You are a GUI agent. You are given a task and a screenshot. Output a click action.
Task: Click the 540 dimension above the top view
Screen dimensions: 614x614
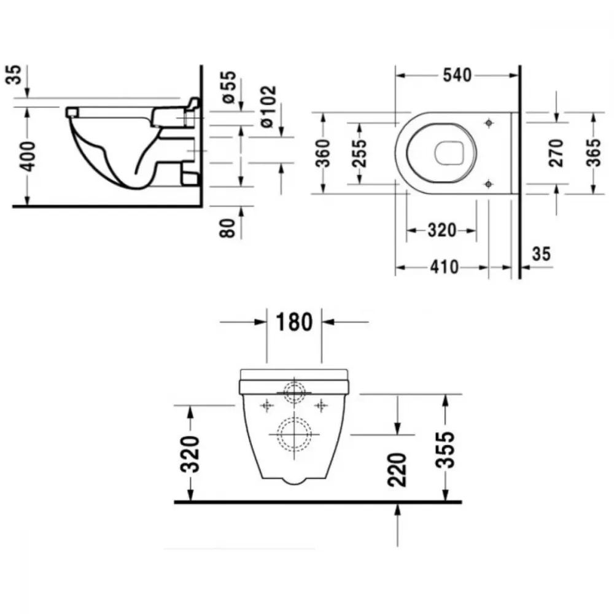(x=457, y=75)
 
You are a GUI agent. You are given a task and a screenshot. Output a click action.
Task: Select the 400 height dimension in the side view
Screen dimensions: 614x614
(x=28, y=156)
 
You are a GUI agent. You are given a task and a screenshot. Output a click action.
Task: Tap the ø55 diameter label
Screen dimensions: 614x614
(x=229, y=87)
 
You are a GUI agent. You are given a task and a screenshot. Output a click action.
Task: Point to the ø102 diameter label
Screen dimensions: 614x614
(x=268, y=106)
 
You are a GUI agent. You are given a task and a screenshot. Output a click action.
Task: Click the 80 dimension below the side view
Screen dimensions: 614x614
(x=227, y=228)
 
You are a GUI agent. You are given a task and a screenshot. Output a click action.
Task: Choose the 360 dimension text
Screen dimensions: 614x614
(x=324, y=153)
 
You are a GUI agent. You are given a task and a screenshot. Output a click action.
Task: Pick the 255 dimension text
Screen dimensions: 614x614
(x=359, y=153)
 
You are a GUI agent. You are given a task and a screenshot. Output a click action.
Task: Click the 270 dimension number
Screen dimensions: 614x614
(x=556, y=153)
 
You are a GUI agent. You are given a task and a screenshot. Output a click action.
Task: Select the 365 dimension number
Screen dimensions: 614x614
(x=593, y=153)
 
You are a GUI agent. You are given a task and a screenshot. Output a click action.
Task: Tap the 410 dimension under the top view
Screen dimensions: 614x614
(x=445, y=267)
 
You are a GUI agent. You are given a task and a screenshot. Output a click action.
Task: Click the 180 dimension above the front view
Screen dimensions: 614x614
(x=294, y=322)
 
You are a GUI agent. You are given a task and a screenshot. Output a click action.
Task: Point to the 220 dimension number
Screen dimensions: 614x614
(x=397, y=470)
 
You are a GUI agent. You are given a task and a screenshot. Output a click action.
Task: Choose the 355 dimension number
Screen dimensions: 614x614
(x=445, y=449)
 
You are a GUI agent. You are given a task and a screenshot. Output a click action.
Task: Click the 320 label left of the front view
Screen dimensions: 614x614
(x=190, y=454)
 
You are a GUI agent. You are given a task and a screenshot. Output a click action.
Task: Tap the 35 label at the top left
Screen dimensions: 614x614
(x=14, y=74)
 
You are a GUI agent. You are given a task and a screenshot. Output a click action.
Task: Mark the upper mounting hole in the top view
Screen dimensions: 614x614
(x=488, y=123)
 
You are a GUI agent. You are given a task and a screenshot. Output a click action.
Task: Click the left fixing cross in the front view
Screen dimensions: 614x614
(x=267, y=406)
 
